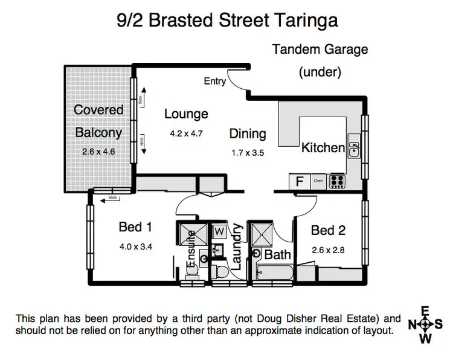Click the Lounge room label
[186, 114]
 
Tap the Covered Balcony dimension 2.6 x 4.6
[98, 152]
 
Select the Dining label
[247, 133]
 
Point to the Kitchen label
[323, 147]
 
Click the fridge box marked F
[298, 181]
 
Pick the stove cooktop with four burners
[336, 181]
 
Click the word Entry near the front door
[215, 82]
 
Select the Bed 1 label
[135, 227]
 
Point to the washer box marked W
[219, 231]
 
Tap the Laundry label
[236, 246]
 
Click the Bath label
[277, 255]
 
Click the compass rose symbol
[425, 324]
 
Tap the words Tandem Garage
[320, 50]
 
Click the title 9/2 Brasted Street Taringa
[226, 20]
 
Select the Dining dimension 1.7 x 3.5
[247, 153]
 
